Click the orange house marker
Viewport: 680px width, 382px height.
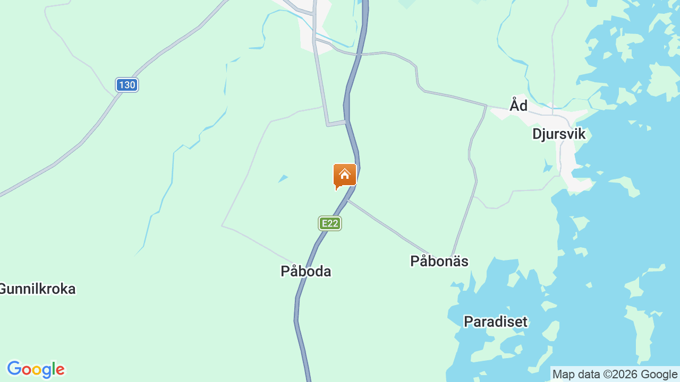tap(344, 176)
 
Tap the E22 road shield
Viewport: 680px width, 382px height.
tap(330, 223)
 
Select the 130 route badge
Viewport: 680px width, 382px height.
tap(127, 85)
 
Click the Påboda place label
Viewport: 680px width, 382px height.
tap(306, 271)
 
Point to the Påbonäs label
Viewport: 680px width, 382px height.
tap(439, 261)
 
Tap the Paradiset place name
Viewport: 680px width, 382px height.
tap(496, 322)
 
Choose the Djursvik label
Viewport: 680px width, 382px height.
tap(559, 134)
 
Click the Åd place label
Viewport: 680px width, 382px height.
tap(518, 106)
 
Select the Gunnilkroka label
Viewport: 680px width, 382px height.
tap(38, 289)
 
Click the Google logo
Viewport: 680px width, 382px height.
tap(36, 370)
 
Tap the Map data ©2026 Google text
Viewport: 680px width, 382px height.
tap(615, 374)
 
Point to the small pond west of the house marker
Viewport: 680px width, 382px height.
tap(283, 179)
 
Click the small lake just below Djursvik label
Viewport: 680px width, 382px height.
tap(548, 168)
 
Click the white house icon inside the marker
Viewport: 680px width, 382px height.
tap(344, 174)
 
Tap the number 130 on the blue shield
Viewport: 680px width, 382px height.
tap(127, 85)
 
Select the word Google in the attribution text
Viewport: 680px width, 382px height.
tap(659, 374)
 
